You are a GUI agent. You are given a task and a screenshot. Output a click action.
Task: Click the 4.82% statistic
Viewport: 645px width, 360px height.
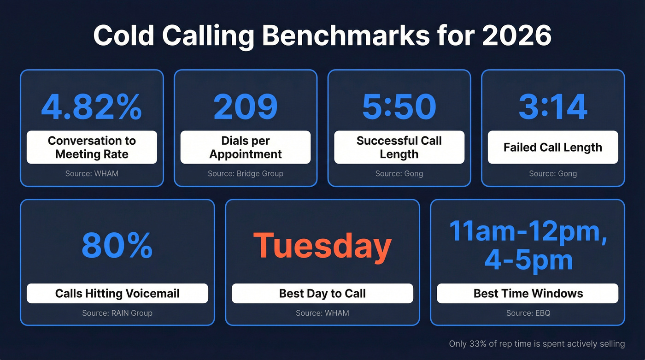[x=92, y=106]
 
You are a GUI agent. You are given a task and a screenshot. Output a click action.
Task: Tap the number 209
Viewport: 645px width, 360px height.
[x=245, y=106]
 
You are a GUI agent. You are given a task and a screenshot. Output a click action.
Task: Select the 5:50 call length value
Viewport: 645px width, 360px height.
[x=399, y=106]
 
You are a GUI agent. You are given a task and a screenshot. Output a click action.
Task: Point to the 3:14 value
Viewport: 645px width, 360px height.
[x=553, y=106]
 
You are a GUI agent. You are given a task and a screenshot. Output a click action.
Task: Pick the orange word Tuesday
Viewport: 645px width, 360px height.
[x=322, y=246]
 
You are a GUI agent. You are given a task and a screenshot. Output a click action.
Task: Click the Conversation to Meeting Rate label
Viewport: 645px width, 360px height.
[x=92, y=148]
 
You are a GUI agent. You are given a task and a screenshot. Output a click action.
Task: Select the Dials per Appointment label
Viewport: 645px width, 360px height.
[x=245, y=148]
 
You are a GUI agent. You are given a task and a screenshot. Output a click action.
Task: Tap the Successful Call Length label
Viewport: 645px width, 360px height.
[x=399, y=148]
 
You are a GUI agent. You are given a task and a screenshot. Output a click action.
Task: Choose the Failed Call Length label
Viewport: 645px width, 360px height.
[x=553, y=148]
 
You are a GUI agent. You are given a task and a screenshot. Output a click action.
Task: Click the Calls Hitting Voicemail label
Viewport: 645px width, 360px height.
[x=117, y=294]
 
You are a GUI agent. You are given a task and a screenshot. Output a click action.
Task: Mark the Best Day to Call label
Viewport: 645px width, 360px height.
[x=322, y=294]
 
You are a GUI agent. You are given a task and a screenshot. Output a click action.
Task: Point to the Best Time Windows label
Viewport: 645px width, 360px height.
[x=528, y=294]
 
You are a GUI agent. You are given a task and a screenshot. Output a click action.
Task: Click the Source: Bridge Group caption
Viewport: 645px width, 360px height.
[x=245, y=174]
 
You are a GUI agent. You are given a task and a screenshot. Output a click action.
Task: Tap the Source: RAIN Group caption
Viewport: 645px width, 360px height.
[x=117, y=313]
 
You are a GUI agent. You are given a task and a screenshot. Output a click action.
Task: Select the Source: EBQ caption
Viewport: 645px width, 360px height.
[x=528, y=313]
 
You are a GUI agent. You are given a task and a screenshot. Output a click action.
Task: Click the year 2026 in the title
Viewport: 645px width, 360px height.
[x=516, y=35]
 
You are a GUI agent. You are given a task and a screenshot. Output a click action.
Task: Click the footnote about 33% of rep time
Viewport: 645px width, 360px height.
[x=537, y=343]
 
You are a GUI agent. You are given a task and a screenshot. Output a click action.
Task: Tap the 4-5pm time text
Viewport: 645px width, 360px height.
[x=528, y=260]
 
